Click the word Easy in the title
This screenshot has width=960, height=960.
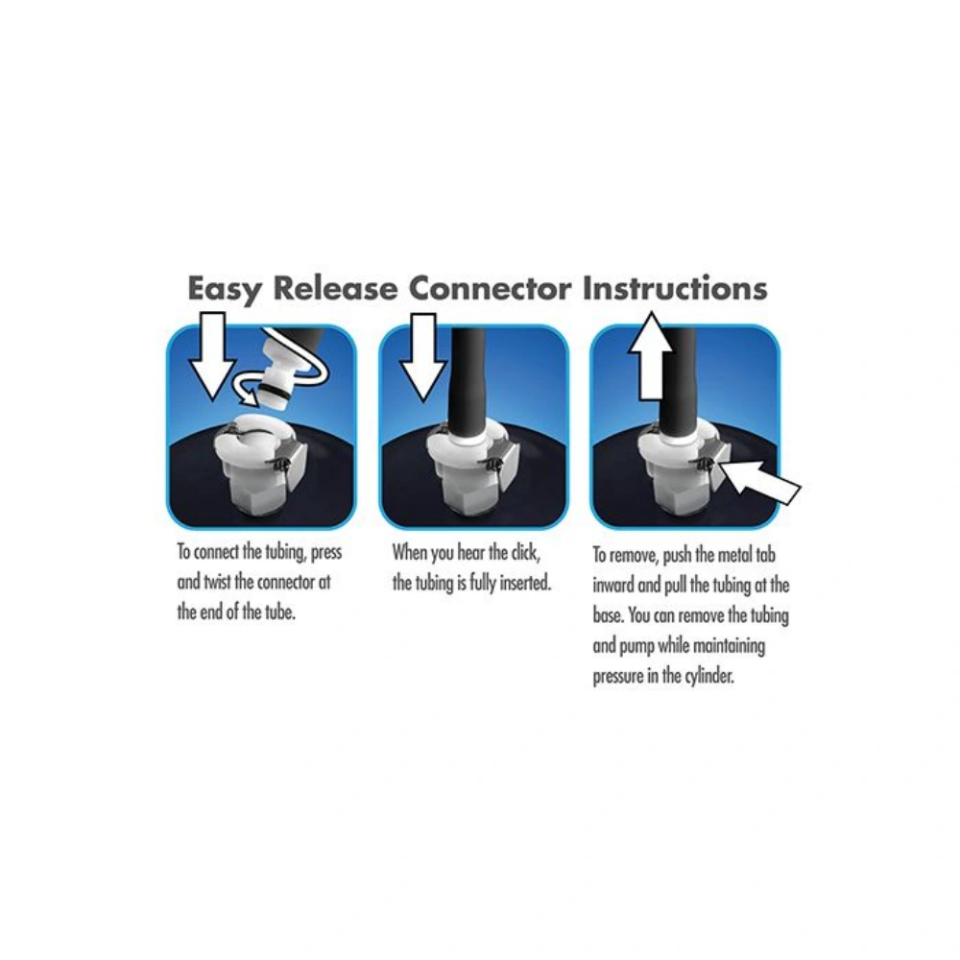click(225, 289)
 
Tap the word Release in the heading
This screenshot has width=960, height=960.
click(335, 288)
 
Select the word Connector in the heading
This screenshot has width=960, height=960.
click(490, 288)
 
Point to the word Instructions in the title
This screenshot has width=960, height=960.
click(675, 288)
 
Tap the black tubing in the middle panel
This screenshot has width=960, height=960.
click(469, 383)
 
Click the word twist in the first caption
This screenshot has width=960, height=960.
click(217, 582)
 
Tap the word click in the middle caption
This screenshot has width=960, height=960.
click(525, 552)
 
